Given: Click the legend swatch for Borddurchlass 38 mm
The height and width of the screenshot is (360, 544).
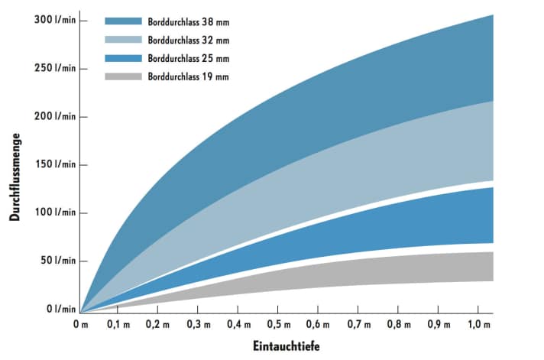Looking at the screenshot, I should click(123, 21).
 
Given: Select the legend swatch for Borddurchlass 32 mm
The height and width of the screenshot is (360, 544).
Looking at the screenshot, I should click(123, 40).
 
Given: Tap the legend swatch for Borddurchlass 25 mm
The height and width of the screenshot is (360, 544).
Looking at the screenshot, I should click(123, 58).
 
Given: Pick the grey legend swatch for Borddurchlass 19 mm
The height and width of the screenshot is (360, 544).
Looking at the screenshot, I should click(123, 76).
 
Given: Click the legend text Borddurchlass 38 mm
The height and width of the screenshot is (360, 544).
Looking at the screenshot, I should click(188, 21).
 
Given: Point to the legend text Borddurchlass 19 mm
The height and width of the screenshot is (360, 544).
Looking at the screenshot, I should click(188, 76).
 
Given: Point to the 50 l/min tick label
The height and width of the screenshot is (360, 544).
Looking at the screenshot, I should click(57, 261).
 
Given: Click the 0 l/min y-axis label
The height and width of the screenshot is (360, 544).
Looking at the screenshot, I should click(60, 309).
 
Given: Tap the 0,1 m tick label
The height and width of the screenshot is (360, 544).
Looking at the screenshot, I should click(118, 325).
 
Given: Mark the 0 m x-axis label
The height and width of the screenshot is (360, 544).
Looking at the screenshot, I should click(80, 325).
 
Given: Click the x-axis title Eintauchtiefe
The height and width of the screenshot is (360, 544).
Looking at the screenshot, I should click(286, 346).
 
